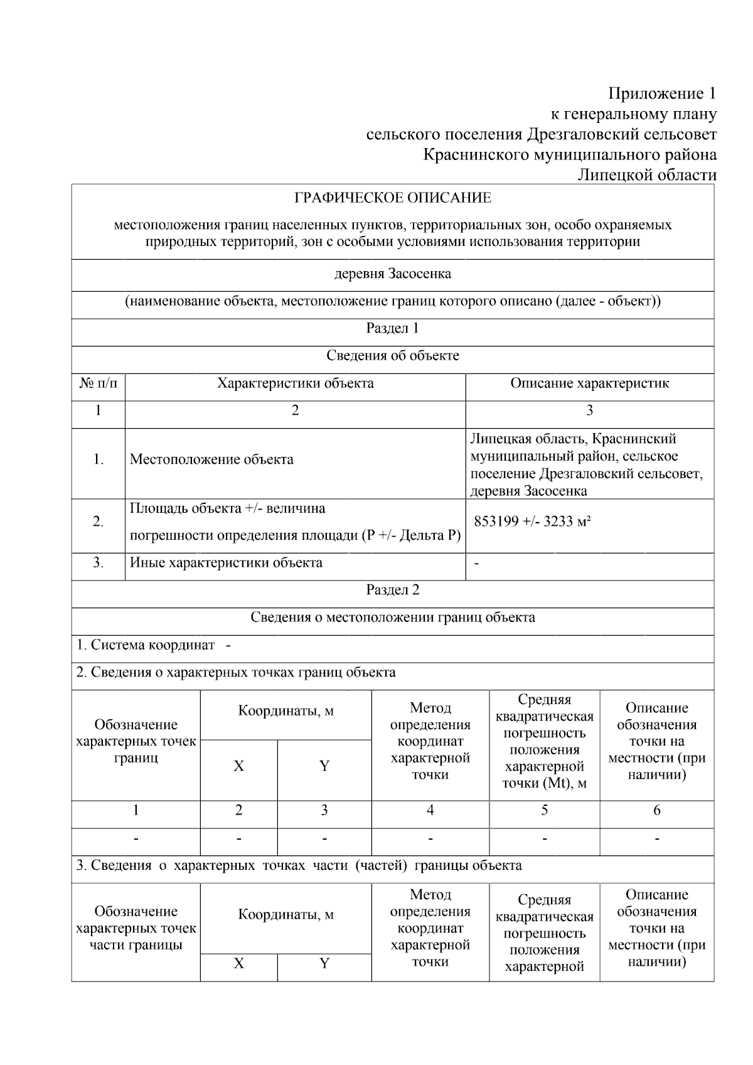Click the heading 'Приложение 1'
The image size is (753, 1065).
point(661,94)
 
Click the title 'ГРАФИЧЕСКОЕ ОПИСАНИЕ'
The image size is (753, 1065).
point(393,198)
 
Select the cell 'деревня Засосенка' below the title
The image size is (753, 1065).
point(393,274)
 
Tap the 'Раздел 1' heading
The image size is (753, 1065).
point(393,328)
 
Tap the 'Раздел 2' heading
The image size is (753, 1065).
point(393,590)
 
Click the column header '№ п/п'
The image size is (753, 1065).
point(98,383)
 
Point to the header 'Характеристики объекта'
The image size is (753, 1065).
point(295,383)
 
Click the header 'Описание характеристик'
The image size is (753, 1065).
point(589,383)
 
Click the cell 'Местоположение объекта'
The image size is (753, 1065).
point(211,459)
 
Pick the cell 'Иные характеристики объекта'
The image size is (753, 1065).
point(226,563)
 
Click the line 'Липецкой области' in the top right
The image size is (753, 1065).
point(646,175)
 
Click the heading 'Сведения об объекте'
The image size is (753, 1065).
point(393,356)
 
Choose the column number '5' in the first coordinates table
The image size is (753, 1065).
point(544,810)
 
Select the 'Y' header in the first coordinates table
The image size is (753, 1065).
point(324,766)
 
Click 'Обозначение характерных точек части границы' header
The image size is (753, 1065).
point(136,928)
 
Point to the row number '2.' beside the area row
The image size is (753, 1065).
point(98,522)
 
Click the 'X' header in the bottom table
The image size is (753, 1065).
point(238,963)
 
